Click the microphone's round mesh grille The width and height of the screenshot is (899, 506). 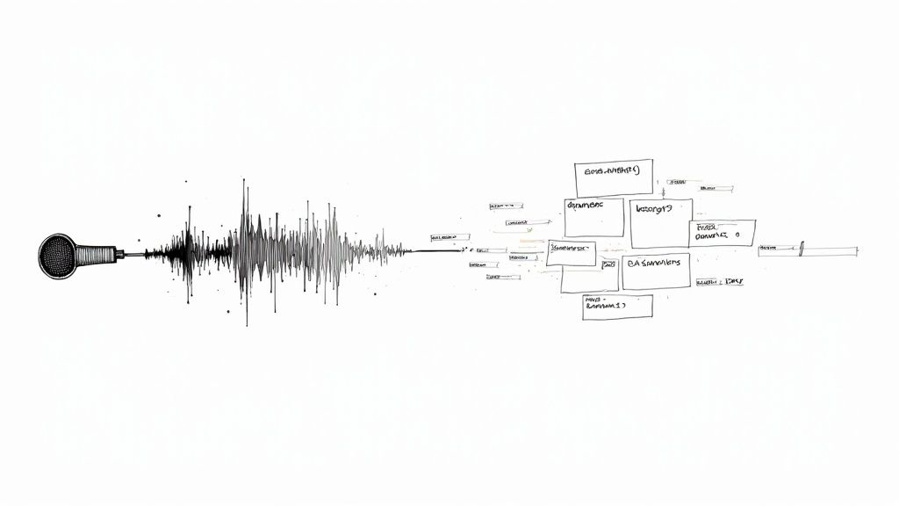(58, 257)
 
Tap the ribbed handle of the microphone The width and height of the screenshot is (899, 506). (96, 255)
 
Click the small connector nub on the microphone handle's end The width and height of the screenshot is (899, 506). (119, 255)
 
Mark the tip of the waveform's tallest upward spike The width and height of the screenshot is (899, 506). (243, 180)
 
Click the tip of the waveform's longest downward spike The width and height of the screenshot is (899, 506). (246, 325)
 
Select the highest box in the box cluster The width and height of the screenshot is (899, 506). (614, 178)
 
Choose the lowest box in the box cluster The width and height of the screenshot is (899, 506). (617, 307)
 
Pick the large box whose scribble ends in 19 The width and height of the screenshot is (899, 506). (661, 222)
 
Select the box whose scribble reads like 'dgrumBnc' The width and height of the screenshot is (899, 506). (593, 217)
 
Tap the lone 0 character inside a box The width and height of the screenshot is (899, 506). (737, 235)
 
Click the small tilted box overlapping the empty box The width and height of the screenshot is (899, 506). (571, 253)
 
